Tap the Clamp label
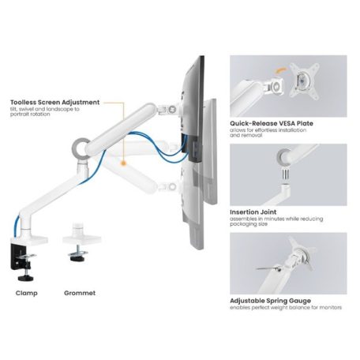point(26,292)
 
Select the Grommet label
point(79,292)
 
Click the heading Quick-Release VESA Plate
point(270,123)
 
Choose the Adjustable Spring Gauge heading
point(271,301)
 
